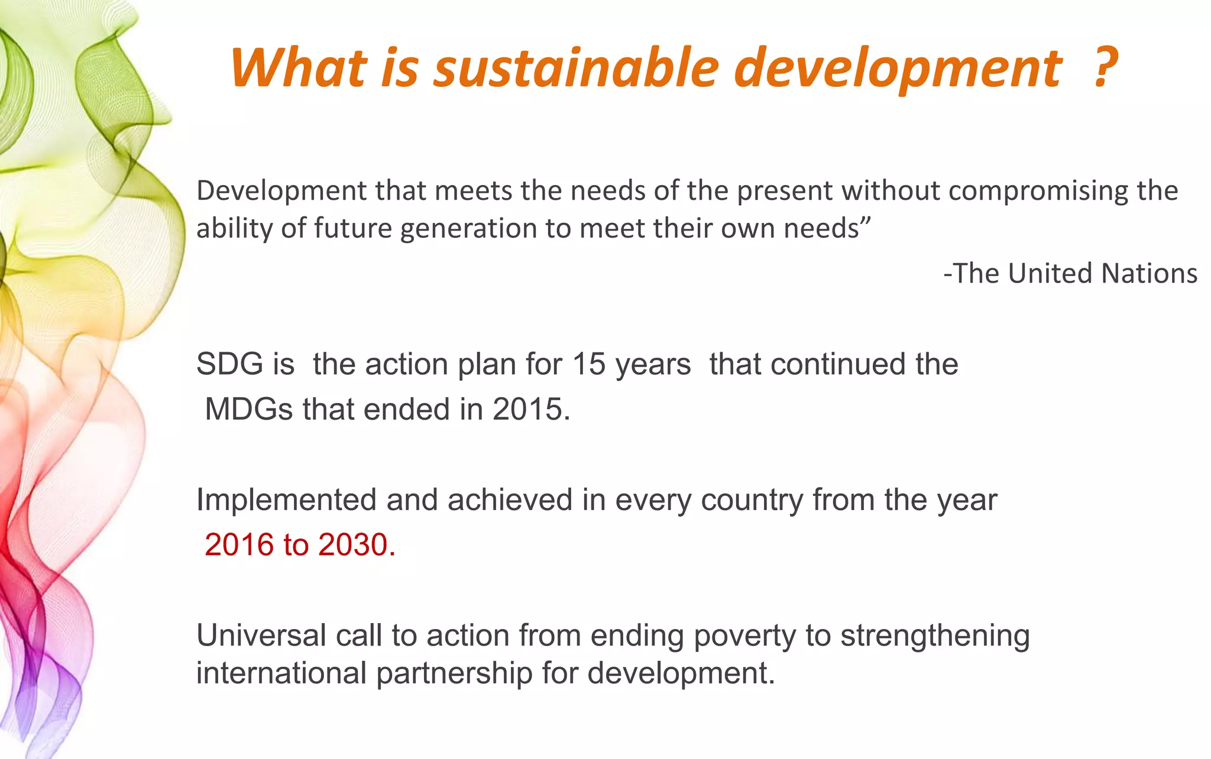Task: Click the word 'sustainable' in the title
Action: click(x=576, y=68)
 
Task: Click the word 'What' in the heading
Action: click(x=298, y=68)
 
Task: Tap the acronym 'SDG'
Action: click(x=229, y=364)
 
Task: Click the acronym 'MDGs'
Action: click(x=248, y=409)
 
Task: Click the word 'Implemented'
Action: click(x=286, y=500)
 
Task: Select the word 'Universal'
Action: click(x=261, y=636)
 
